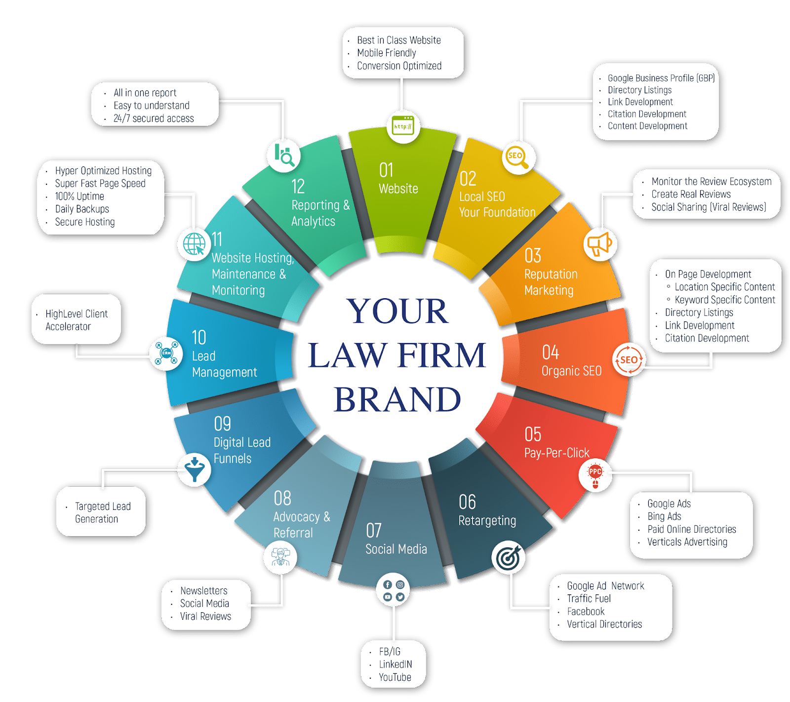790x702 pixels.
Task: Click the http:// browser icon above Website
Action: tap(403, 126)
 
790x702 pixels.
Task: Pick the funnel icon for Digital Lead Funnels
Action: tap(195, 469)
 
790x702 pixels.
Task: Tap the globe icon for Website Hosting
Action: tap(194, 243)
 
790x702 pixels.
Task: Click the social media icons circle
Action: tap(394, 590)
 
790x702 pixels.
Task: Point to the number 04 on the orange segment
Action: tap(551, 352)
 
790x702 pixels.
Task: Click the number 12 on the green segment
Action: tap(298, 187)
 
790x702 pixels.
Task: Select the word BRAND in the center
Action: tap(397, 399)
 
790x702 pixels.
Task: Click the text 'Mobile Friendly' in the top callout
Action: tap(387, 53)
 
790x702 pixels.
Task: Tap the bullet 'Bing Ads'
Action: tap(664, 516)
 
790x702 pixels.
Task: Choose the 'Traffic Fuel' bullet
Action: tap(589, 598)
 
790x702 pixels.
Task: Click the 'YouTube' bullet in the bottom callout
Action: tap(395, 677)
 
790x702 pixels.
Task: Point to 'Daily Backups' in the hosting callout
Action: tap(82, 209)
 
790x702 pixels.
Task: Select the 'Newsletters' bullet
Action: tap(203, 590)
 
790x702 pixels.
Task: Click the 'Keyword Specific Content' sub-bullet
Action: tap(724, 300)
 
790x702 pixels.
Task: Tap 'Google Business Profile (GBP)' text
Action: tap(661, 78)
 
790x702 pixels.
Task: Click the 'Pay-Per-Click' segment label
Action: tap(556, 453)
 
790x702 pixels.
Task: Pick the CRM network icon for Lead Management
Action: tap(166, 353)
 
